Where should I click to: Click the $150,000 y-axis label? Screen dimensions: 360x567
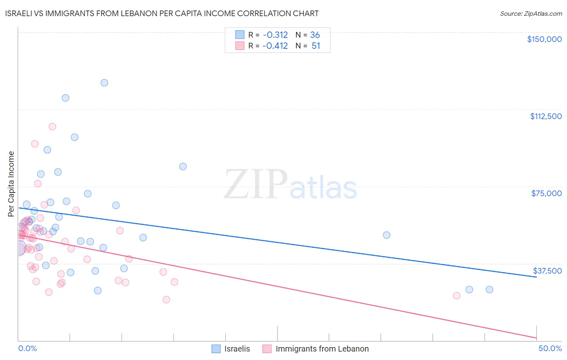point(544,39)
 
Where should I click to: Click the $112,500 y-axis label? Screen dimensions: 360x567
point(545,116)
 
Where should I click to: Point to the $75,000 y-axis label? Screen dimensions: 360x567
point(546,193)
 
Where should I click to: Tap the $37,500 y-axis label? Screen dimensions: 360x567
point(547,271)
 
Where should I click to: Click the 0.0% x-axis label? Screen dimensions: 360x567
point(27,348)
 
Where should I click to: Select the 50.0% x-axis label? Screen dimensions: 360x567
point(550,348)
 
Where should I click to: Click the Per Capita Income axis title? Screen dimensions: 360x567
point(11,184)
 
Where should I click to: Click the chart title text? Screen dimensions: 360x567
point(162,13)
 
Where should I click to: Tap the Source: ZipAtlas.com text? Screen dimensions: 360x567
point(531,13)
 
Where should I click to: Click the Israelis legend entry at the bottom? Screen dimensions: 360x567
point(237,349)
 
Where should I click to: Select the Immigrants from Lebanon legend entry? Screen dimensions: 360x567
point(322,349)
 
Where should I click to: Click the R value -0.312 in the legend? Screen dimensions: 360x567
point(275,35)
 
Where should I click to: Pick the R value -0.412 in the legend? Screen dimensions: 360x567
point(275,46)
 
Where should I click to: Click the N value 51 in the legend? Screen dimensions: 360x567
point(316,46)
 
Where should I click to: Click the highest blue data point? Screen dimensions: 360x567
point(104,83)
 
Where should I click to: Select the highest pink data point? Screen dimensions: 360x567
point(52,127)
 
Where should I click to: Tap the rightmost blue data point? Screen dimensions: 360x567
point(489,289)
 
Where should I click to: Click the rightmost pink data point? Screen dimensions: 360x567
point(457,295)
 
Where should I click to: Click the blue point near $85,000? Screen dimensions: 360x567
point(183,167)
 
